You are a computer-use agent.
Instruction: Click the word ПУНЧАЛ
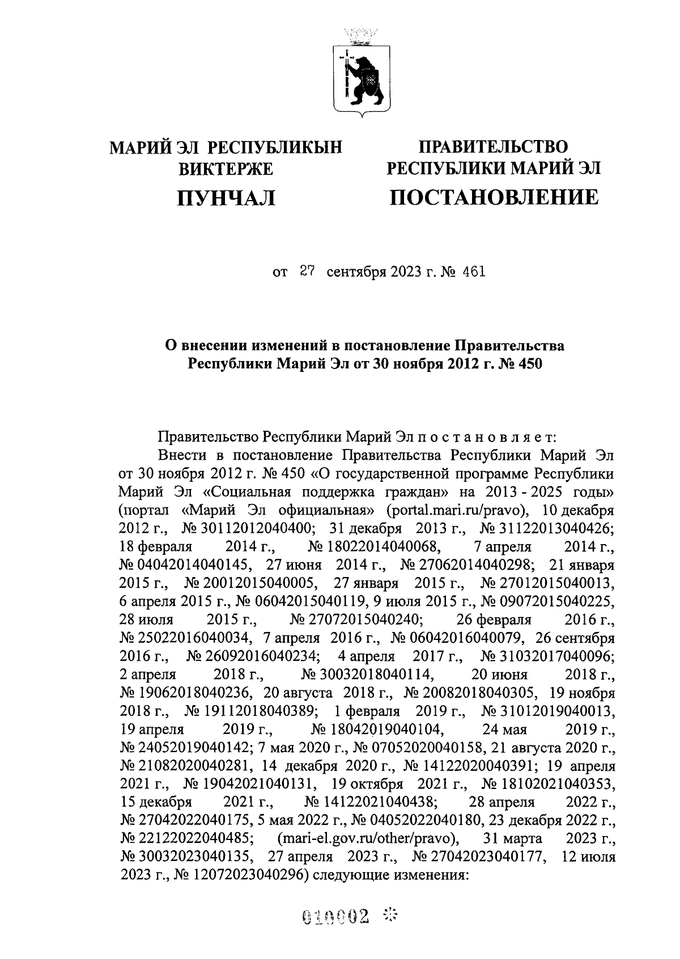point(226,198)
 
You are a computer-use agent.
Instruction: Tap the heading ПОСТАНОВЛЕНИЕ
point(492,197)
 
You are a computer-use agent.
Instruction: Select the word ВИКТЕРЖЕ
point(226,169)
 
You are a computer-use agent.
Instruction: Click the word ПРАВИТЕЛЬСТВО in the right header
point(492,147)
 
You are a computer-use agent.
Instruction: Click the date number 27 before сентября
point(307,272)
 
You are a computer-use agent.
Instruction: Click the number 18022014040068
point(382,546)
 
